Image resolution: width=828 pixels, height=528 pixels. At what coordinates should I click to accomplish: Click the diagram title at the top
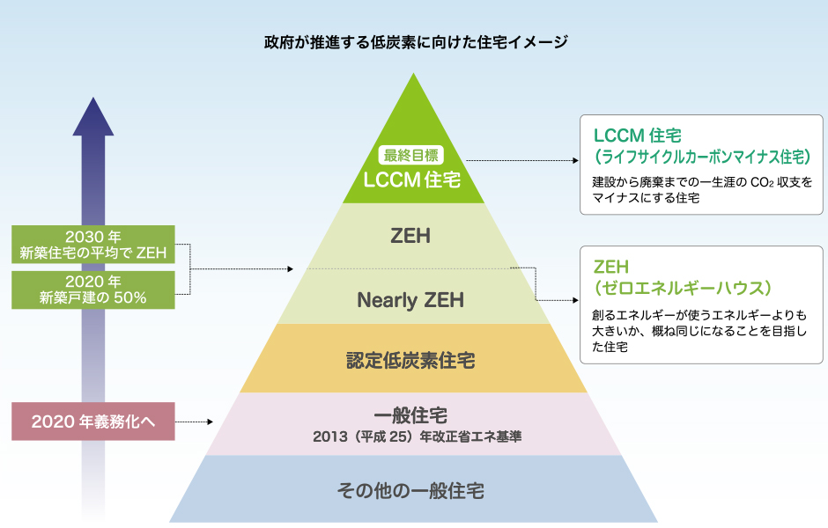[416, 41]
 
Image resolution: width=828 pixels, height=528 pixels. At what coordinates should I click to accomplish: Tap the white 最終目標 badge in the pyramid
[410, 155]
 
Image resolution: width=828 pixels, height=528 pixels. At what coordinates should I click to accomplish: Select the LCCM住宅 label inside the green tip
[412, 180]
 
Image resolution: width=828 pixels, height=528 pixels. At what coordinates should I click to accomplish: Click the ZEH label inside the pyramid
[410, 236]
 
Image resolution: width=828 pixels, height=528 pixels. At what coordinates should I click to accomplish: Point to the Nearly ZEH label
[410, 300]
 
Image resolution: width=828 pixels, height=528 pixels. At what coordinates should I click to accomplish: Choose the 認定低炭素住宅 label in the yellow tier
[410, 360]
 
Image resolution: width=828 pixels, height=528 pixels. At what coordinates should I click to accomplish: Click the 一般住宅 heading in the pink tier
[410, 415]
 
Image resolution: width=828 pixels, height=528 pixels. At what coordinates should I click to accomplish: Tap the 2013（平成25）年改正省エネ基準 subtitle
[418, 436]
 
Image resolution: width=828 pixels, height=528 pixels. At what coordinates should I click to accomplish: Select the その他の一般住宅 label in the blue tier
[410, 490]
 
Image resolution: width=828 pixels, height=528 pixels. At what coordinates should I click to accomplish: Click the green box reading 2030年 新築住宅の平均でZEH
[93, 245]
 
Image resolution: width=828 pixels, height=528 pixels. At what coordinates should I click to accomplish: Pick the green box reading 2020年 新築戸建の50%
[93, 290]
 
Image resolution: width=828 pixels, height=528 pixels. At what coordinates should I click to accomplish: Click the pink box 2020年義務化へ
[93, 422]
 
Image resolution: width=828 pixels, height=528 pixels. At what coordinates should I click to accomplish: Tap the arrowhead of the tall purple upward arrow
[93, 116]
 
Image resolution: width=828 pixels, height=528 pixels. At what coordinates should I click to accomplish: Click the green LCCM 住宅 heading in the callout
[638, 136]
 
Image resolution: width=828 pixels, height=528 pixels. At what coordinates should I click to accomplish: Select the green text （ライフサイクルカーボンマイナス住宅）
[702, 157]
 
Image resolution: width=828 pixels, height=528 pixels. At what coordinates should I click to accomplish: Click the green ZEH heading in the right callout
[611, 267]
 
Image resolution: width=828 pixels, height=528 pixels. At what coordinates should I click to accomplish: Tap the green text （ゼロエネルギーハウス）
[683, 288]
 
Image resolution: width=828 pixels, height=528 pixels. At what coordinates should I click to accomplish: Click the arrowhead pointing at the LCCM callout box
[576, 160]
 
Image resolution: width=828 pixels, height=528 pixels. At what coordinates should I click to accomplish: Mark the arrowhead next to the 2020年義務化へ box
[211, 422]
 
